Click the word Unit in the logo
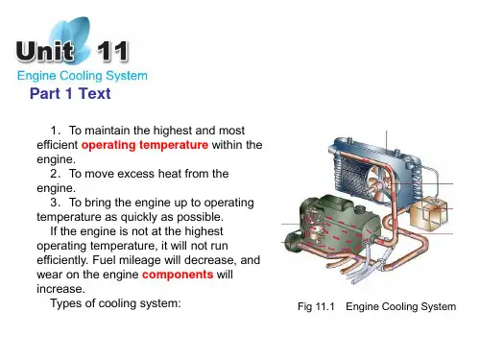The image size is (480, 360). click(45, 51)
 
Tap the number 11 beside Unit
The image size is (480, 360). click(112, 51)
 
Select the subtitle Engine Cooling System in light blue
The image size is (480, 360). click(83, 76)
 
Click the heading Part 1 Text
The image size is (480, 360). click(70, 93)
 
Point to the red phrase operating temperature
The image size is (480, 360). click(145, 145)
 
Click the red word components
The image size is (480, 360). click(178, 275)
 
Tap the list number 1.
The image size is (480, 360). click(55, 131)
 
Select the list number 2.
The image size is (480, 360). click(55, 174)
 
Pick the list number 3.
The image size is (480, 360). click(55, 203)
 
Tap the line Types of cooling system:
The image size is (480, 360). click(115, 303)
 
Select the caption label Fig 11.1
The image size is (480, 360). click(316, 306)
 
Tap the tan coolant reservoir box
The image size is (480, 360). click(429, 213)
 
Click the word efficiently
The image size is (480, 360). click(62, 260)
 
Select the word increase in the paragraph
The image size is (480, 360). click(60, 289)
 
